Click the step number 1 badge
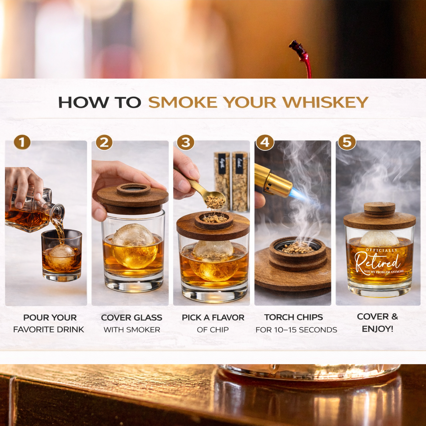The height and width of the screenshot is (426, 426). pos(22,142)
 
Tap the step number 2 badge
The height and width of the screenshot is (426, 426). pos(104,142)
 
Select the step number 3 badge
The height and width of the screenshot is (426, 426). pos(185,142)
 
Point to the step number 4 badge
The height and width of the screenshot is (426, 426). pos(265,142)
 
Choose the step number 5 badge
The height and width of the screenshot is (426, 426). pos(347,142)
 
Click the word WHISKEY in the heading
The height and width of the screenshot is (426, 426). pos(325,103)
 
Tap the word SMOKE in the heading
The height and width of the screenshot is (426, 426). pos(183,103)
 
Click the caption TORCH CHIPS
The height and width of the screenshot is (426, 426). pos(293,317)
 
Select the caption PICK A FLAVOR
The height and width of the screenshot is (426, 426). pos(213,318)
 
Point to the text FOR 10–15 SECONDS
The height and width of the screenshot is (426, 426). pos(296,330)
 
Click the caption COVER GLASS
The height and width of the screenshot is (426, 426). pos(131,318)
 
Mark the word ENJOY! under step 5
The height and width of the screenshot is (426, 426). pos(377,329)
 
